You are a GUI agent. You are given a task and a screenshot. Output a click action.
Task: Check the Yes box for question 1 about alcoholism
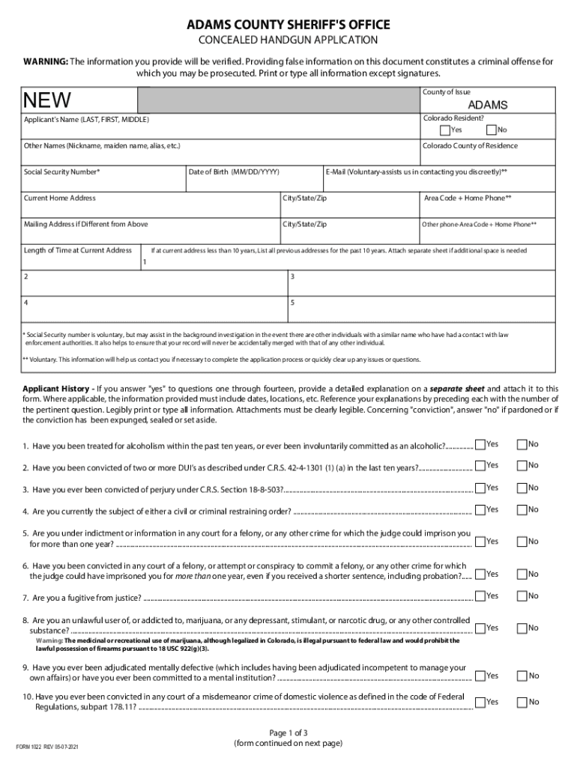pos(480,444)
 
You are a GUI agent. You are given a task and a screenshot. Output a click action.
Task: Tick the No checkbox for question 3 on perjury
pos(522,488)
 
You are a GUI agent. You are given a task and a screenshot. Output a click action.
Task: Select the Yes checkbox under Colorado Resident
pos(445,130)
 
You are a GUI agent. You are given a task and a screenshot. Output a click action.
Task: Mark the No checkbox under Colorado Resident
pos(492,130)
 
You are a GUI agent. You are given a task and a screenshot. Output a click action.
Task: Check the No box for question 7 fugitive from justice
pos(522,595)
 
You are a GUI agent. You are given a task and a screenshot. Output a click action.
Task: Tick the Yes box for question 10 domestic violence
pos(480,702)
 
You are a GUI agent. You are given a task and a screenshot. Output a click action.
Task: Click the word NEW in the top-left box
pos(47,100)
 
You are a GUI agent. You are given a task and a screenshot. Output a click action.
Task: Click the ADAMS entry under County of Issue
pos(488,105)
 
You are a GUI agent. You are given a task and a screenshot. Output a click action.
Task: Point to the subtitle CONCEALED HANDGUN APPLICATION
pos(288,40)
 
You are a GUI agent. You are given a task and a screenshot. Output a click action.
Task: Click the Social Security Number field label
pos(62,172)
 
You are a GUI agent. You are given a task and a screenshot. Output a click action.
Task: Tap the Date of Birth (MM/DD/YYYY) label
pos(234,172)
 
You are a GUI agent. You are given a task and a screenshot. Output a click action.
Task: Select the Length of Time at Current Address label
pos(78,250)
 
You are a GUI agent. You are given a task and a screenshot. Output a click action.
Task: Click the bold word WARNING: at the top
pos(46,61)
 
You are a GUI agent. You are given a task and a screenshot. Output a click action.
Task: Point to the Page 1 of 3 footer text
pos(288,732)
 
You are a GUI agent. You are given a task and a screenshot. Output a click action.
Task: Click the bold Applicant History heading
pos(58,389)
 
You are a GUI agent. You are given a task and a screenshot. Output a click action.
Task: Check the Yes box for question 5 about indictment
pos(480,541)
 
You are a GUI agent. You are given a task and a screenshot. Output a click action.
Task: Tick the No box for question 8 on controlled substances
pos(522,628)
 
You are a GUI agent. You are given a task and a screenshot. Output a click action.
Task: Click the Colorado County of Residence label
pos(470,146)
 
